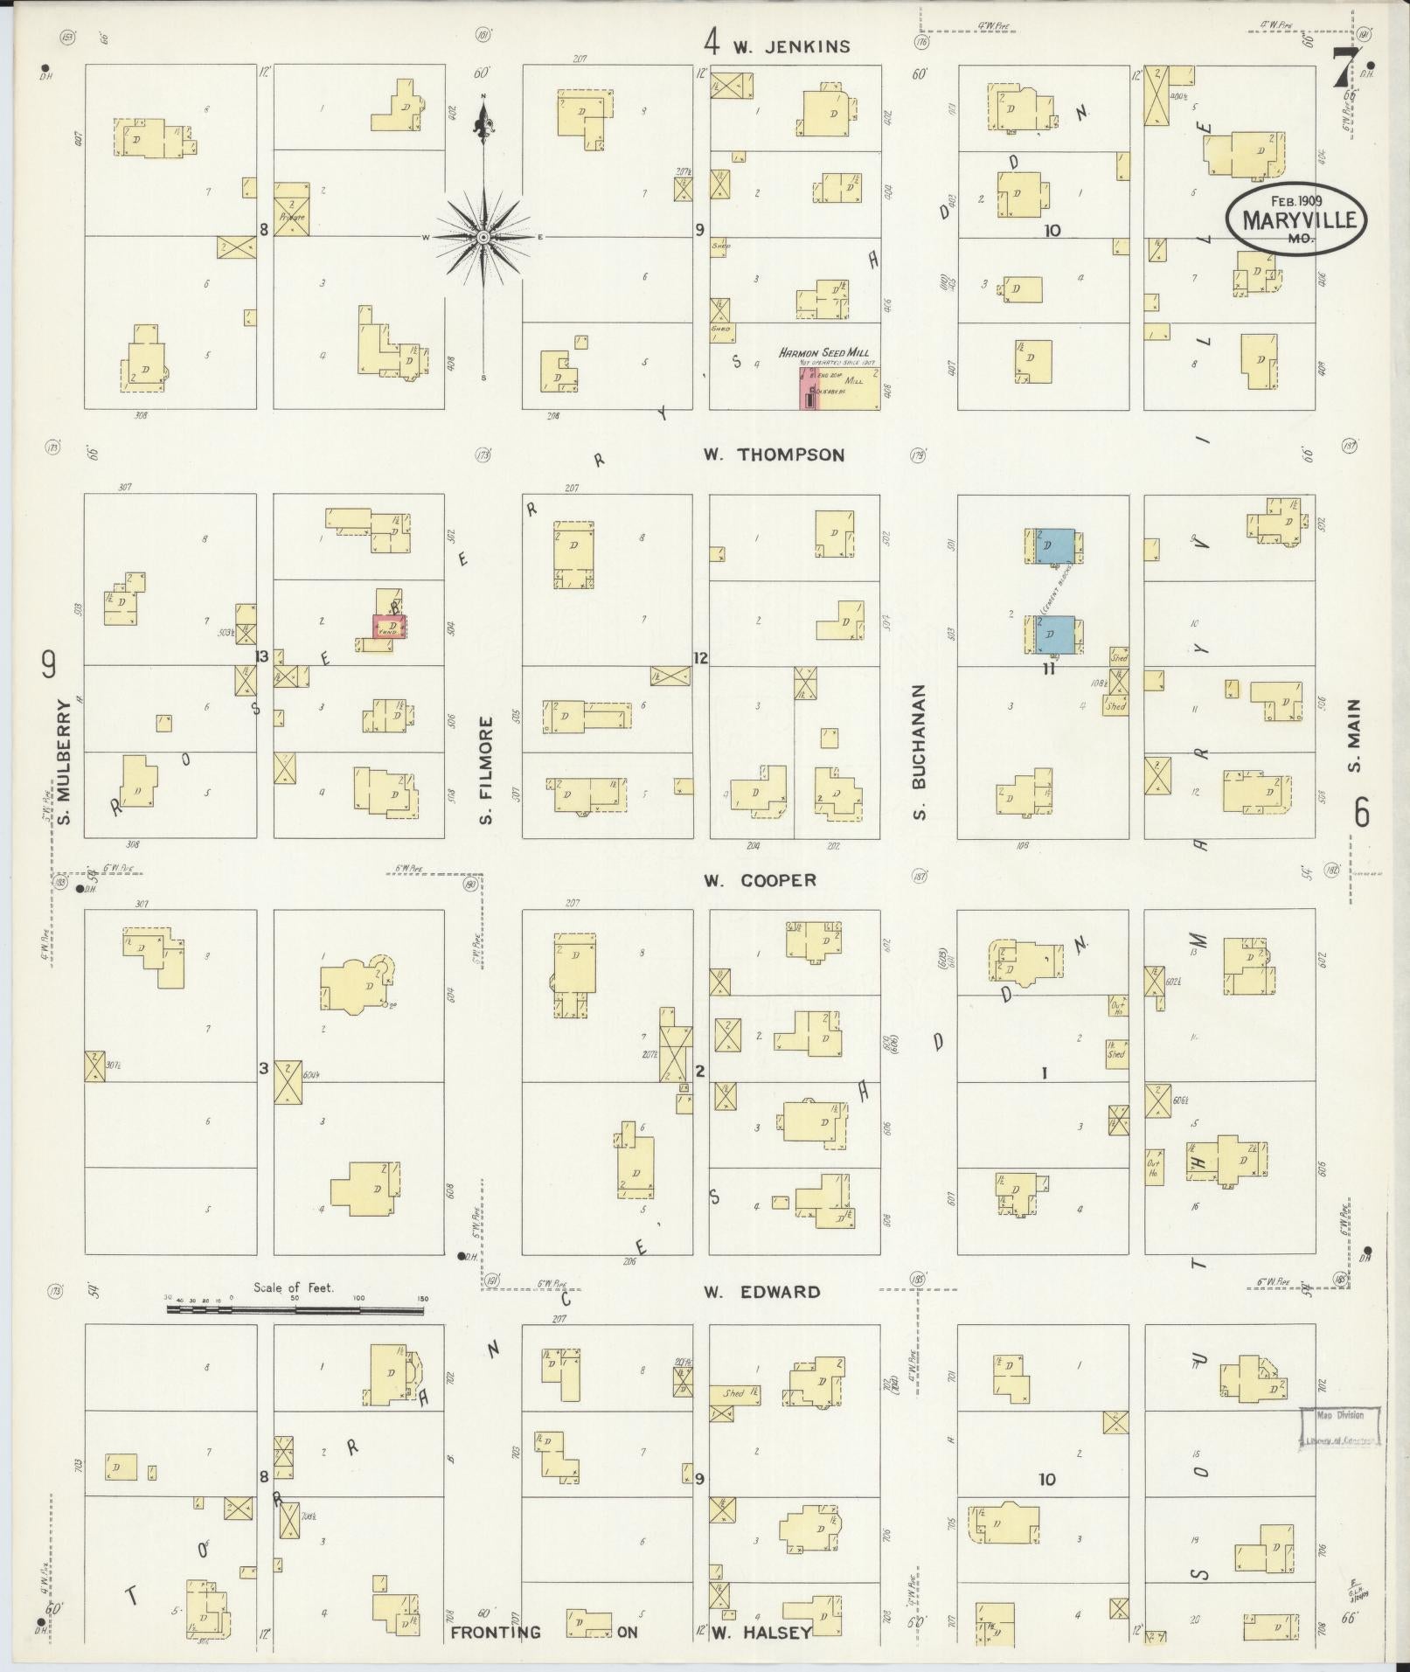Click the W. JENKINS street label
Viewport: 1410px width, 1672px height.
click(790, 46)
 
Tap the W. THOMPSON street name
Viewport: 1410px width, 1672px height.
click(774, 454)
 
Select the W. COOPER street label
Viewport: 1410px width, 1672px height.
click(761, 880)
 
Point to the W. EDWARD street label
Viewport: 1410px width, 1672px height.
click(762, 1292)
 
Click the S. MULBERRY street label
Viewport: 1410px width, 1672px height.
click(65, 761)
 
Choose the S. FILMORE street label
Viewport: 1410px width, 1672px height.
click(487, 770)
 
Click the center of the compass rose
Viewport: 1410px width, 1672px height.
click(483, 237)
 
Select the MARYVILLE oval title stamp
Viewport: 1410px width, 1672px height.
click(1295, 219)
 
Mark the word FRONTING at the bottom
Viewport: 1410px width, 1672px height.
click(496, 1632)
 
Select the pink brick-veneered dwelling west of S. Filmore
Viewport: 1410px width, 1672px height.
click(390, 626)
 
